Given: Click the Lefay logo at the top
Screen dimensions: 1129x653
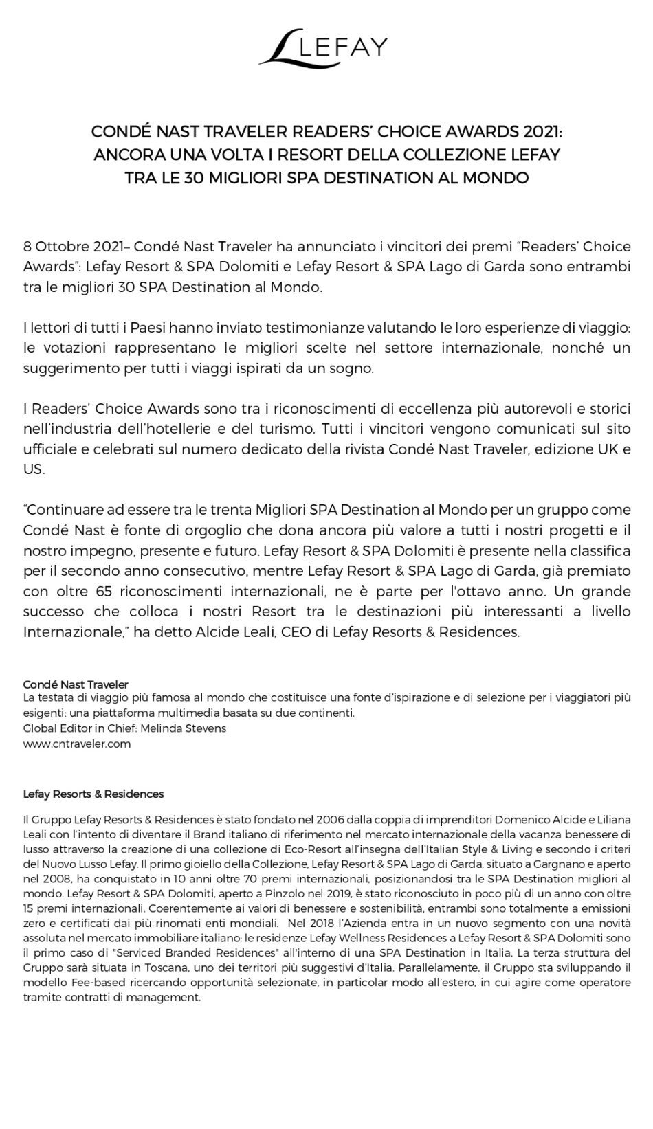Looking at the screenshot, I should tap(326, 47).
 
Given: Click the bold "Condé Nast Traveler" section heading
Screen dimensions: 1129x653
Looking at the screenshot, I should tap(76, 684).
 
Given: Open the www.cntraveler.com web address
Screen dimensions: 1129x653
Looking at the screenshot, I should tap(77, 744).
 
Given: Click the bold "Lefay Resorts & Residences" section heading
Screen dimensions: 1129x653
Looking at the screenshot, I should tap(93, 794).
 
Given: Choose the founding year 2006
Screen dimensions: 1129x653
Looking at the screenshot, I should tap(328, 820).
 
